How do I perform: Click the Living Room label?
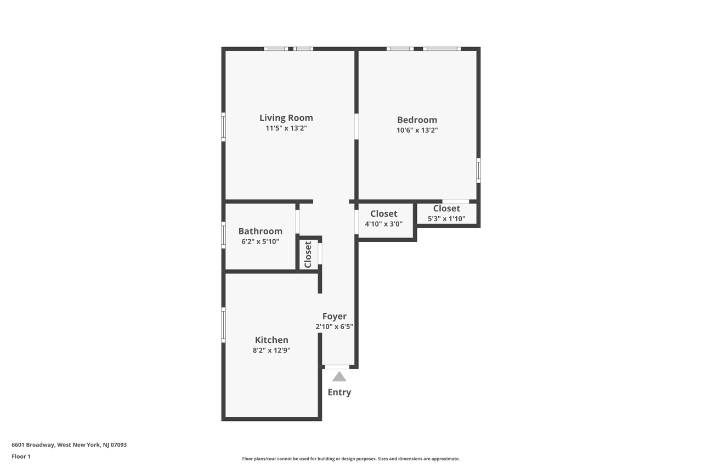pyautogui.click(x=286, y=117)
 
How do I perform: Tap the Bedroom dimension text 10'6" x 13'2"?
pyautogui.click(x=417, y=131)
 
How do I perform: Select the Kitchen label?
pyautogui.click(x=271, y=340)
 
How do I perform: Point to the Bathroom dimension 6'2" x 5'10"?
pyautogui.click(x=260, y=241)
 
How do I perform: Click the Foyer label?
pyautogui.click(x=334, y=317)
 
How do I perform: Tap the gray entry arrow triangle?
pyautogui.click(x=339, y=377)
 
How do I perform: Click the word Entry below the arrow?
pyautogui.click(x=339, y=392)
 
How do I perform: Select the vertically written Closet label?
pyautogui.click(x=308, y=254)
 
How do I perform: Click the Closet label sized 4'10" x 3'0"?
pyautogui.click(x=384, y=214)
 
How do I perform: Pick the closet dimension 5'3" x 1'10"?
pyautogui.click(x=446, y=218)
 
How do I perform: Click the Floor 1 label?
pyautogui.click(x=21, y=456)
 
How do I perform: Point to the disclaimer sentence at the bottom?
pyautogui.click(x=351, y=459)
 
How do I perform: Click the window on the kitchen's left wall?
pyautogui.click(x=223, y=325)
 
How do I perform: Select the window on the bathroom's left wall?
pyautogui.click(x=223, y=235)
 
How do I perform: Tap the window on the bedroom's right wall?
pyautogui.click(x=478, y=170)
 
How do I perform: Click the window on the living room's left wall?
pyautogui.click(x=223, y=127)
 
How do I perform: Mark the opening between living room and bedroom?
pyautogui.click(x=356, y=126)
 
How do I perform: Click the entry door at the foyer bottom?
pyautogui.click(x=337, y=366)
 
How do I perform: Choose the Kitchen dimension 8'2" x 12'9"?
pyautogui.click(x=271, y=350)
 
